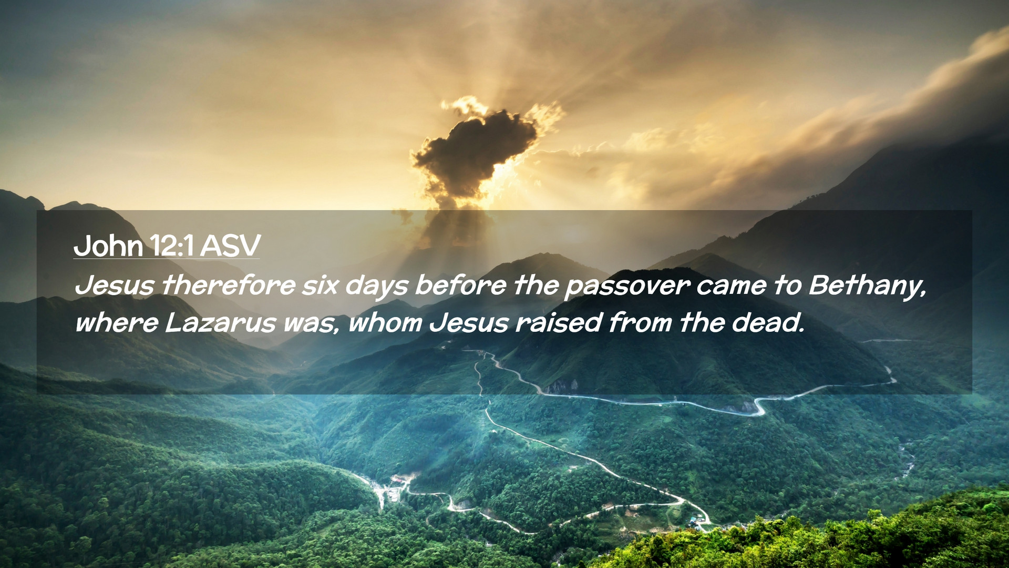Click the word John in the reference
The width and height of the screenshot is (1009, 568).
(108, 246)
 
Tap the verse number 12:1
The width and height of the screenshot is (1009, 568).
(172, 246)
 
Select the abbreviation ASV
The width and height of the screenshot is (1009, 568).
(230, 246)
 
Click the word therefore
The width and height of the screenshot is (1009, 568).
(229, 285)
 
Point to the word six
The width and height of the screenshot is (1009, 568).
(320, 285)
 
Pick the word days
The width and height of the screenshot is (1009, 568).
(376, 287)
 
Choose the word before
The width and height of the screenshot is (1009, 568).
(460, 285)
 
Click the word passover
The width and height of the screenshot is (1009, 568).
(627, 287)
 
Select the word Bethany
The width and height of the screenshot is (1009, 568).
(867, 287)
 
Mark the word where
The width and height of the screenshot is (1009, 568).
(116, 322)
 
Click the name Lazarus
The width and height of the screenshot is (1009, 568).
(220, 322)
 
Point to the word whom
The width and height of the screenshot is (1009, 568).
(385, 322)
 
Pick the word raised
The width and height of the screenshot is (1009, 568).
(559, 322)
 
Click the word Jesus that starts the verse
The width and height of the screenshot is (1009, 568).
(115, 285)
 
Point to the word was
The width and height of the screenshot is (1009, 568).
(310, 324)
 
